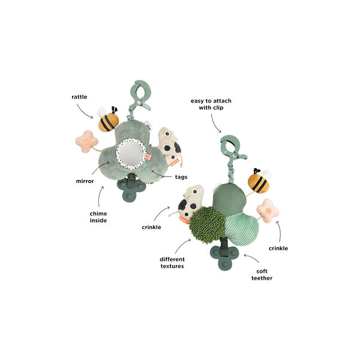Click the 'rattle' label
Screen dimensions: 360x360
pyautogui.click(x=79, y=97)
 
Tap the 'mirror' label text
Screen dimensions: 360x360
pyautogui.click(x=85, y=181)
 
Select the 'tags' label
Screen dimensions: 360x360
pyautogui.click(x=181, y=177)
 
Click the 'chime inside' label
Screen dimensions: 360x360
pyautogui.click(x=98, y=217)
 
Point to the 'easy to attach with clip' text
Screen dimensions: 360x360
pyautogui.click(x=211, y=104)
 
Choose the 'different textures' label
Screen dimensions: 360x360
pyautogui.click(x=172, y=263)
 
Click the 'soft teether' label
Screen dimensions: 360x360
pyautogui.click(x=262, y=275)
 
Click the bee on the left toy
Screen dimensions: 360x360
pyautogui.click(x=109, y=119)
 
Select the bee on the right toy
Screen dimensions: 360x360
pyautogui.click(x=259, y=181)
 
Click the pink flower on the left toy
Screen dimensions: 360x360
pyautogui.click(x=86, y=141)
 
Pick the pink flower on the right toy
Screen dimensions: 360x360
pyautogui.click(x=268, y=211)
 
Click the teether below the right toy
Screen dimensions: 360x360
pyautogui.click(x=224, y=258)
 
